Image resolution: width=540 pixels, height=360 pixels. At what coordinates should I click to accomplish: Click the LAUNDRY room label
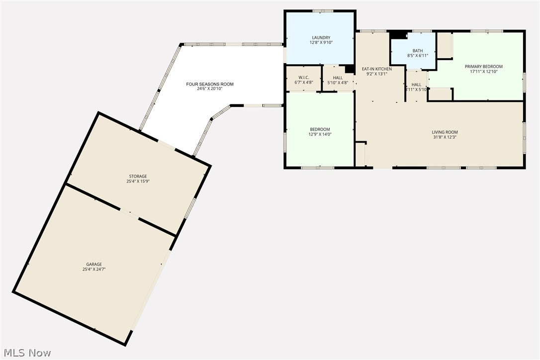click(321, 38)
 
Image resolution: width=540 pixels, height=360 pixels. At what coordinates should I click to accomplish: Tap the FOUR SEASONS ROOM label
click(210, 84)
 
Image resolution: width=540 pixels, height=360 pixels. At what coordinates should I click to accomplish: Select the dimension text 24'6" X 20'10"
click(210, 89)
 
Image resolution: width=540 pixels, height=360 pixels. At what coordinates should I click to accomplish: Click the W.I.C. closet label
click(304, 78)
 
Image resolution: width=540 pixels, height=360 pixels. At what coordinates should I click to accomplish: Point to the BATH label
click(418, 51)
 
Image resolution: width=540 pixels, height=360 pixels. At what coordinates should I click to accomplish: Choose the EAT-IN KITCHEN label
click(376, 69)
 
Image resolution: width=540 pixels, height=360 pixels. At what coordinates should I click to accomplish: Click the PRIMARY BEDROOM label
click(483, 67)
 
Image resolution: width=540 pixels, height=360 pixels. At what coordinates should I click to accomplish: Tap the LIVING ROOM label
click(445, 132)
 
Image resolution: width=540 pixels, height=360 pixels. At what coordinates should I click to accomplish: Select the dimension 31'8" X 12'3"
click(445, 137)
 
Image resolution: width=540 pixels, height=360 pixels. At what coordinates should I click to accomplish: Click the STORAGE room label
click(138, 177)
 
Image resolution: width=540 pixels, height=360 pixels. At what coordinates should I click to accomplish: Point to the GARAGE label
click(94, 264)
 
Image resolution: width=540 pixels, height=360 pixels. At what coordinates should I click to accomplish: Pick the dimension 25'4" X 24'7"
click(94, 269)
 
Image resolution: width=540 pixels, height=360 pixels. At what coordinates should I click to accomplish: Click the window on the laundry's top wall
click(323, 10)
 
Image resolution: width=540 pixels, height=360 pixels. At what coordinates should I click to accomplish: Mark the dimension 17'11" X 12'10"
click(483, 72)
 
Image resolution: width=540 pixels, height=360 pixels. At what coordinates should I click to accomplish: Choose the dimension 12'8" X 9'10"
click(321, 43)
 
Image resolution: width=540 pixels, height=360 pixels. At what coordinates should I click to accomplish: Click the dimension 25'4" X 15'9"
click(138, 181)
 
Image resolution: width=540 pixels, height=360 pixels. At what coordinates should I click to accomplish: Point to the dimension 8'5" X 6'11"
click(418, 56)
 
